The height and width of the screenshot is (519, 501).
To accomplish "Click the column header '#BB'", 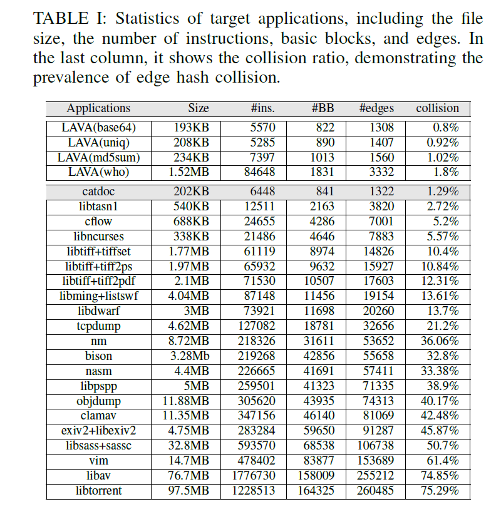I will pos(323,108).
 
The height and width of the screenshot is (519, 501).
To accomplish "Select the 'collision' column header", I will pos(438,108).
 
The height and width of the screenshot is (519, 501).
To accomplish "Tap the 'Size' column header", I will pos(198,108).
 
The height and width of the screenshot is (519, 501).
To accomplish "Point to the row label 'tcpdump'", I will pos(98,326).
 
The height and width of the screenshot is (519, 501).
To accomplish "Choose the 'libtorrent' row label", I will pos(98,490).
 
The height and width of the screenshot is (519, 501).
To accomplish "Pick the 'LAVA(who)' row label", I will pos(98,172).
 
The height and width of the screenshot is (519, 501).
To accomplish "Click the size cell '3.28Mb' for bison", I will pos(191,356).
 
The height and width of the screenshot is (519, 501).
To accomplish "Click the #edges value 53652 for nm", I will pos(376,341).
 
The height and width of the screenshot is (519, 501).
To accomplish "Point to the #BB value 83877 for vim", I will pos(319,461).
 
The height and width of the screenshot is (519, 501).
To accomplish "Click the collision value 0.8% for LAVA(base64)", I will pos(445,127).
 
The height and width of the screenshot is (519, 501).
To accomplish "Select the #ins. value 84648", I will pos(257,172).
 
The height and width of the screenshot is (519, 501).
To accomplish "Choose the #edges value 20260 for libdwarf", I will pos(376,311).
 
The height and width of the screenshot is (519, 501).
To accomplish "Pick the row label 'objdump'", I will pos(98,401).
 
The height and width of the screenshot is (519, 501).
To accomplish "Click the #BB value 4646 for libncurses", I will pos(322,236).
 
